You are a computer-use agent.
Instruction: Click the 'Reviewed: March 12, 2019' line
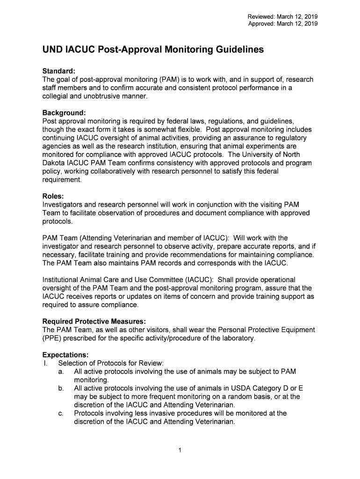click(x=282, y=17)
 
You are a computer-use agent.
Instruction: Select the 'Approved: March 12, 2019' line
click(x=282, y=23)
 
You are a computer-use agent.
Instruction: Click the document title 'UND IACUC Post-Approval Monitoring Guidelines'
click(x=153, y=49)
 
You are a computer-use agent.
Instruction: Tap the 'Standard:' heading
click(x=59, y=71)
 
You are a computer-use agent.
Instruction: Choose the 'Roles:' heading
click(x=53, y=196)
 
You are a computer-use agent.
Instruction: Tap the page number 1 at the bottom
click(x=180, y=450)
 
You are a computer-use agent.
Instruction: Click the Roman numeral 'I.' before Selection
click(x=46, y=363)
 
